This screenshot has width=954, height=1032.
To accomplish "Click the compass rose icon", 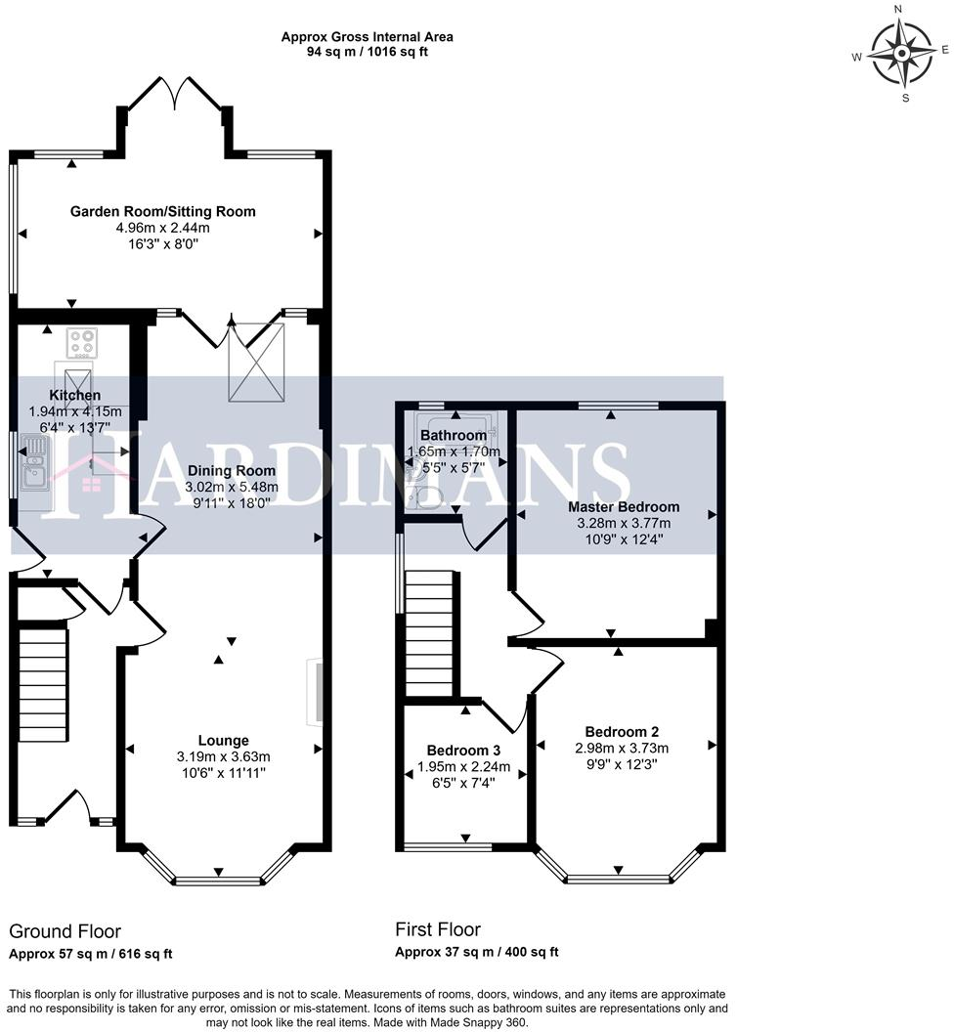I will point(902,53).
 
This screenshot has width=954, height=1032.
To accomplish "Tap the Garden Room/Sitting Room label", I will point(162,211).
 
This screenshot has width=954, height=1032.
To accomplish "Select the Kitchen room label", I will point(75,396).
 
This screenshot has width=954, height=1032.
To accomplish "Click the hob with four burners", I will point(81,343).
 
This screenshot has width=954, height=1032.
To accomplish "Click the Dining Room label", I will point(232,470).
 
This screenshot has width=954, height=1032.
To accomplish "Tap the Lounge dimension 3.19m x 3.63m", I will point(223,756).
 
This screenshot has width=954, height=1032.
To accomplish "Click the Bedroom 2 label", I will point(622,732).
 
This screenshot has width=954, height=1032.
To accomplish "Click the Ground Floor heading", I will point(65,931).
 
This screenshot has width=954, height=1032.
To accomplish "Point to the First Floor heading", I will point(437,928).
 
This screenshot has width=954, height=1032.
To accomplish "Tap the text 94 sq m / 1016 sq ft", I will point(367,52).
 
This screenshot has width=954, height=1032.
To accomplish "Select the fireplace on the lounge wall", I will point(314,693).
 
